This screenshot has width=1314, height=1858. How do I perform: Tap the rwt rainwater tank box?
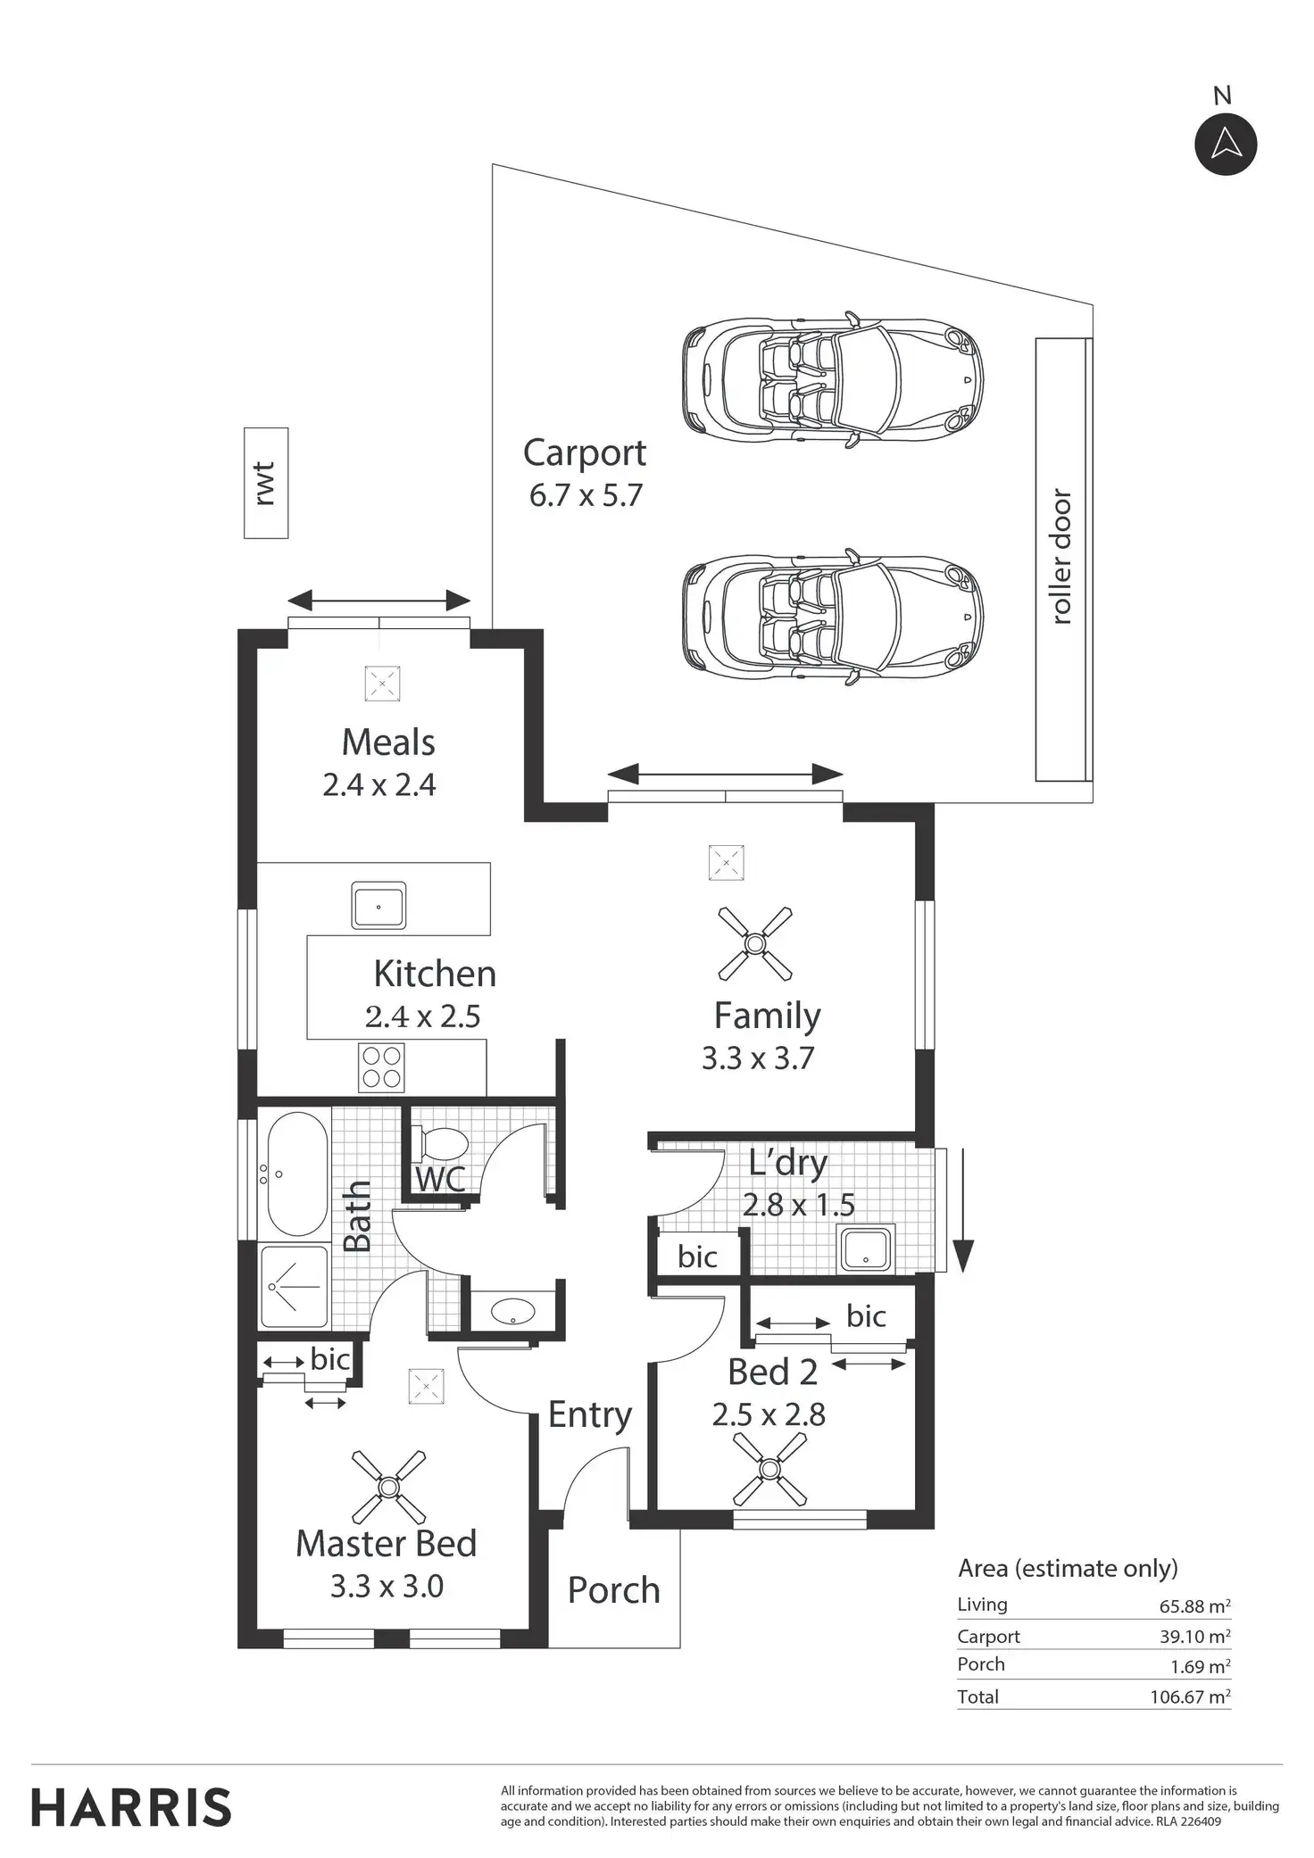coord(266,483)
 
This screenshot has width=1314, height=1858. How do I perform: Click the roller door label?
coord(1060,557)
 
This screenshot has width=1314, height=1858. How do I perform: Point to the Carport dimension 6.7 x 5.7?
coord(586,495)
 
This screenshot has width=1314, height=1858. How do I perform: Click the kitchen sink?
coord(378,905)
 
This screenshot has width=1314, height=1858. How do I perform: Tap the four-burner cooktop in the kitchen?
coord(381,1066)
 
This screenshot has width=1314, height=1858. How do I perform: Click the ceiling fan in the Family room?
coord(755,942)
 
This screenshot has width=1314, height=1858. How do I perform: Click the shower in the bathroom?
coord(295,1286)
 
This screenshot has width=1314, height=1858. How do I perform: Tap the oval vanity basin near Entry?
coord(512,1311)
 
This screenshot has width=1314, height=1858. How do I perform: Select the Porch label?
coord(614,1590)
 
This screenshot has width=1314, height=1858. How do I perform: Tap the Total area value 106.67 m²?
coord(1190,1696)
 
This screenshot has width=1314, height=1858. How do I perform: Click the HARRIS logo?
coord(131,1808)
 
